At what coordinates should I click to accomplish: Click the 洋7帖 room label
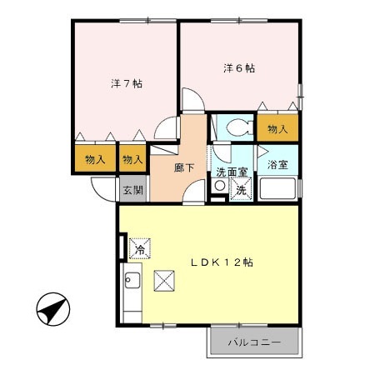pos(127,84)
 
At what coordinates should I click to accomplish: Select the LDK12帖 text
pos(221,262)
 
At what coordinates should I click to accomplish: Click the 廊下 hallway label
pos(185,167)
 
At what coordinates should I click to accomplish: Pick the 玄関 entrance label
pos(133,189)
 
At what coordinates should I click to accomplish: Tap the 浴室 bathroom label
pos(277,165)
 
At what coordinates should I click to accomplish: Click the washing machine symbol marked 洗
pos(239,189)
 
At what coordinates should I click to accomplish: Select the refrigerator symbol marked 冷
pos(140,248)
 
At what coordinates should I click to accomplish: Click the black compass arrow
pos(52,312)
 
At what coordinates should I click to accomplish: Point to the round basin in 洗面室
pos(218,187)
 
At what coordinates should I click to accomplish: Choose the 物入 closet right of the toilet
pos(277,129)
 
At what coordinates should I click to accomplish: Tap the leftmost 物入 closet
pos(95,158)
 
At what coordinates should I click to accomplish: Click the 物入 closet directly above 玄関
pos(132,158)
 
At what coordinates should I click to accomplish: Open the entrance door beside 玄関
pos(105,192)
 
